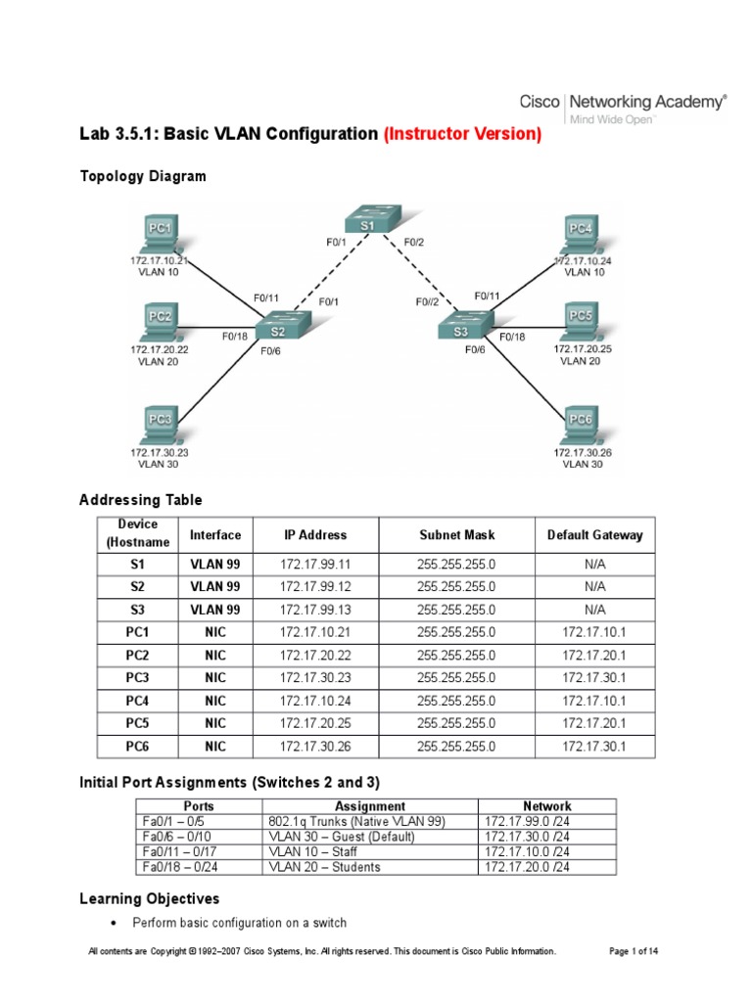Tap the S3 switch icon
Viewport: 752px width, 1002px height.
(462, 330)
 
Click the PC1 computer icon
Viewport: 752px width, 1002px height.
(160, 233)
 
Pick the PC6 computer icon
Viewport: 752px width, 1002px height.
(581, 424)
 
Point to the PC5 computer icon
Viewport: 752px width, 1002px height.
(581, 319)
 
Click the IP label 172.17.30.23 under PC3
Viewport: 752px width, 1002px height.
(158, 453)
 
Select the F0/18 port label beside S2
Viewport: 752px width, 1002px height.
(235, 337)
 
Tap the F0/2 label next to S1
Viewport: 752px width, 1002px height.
(415, 241)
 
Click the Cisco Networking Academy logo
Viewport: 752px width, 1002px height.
(623, 106)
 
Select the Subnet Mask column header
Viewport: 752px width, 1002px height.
(456, 535)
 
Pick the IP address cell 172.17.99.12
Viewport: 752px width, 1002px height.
(312, 586)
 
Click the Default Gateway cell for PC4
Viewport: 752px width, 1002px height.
(594, 701)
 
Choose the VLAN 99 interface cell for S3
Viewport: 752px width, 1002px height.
(214, 609)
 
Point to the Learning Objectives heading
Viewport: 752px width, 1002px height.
(149, 898)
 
